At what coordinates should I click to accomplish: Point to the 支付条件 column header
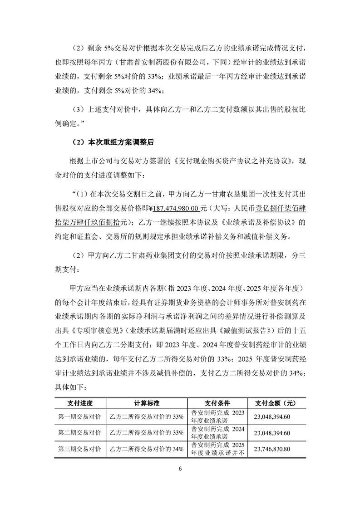217,403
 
